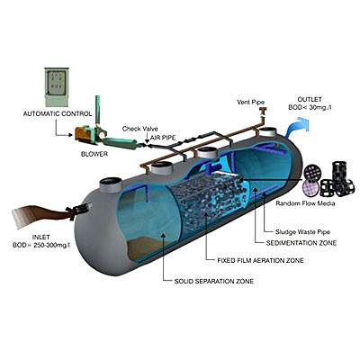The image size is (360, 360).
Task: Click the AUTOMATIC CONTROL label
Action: (x=58, y=114)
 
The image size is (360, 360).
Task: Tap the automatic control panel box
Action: (x=57, y=87)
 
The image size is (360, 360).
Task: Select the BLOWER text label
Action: (x=94, y=154)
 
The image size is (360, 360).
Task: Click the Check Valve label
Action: (x=139, y=129)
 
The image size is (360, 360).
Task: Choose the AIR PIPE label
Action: (x=163, y=138)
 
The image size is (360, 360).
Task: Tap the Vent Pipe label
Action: (x=251, y=103)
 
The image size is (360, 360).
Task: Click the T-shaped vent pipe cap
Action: (x=264, y=111)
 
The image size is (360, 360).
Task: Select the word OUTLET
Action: (x=310, y=99)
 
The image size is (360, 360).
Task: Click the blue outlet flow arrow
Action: (x=297, y=126)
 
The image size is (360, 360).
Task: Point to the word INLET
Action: (x=41, y=238)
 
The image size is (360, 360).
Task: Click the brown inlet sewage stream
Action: (x=42, y=215)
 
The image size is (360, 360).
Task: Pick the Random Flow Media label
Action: (x=305, y=203)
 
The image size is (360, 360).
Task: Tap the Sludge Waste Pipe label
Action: (x=302, y=232)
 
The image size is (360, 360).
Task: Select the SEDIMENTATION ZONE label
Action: (x=301, y=243)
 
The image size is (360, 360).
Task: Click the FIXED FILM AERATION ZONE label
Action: (x=260, y=260)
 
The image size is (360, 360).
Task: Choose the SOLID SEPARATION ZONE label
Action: (x=214, y=282)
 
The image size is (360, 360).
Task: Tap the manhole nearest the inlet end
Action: (x=111, y=184)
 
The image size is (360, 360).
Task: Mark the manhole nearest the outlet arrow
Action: (x=269, y=132)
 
